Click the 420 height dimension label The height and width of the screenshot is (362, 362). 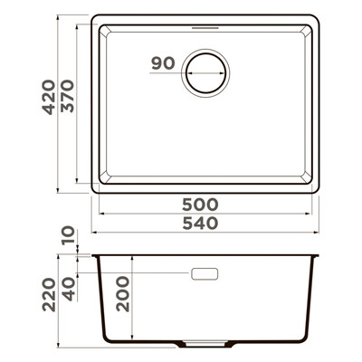click(49, 97)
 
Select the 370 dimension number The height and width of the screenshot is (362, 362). click(67, 96)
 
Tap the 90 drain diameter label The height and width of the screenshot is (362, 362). click(163, 63)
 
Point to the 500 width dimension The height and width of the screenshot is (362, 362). click(200, 205)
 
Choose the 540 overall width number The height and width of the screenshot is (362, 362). click(200, 224)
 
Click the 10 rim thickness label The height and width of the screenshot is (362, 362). click(68, 235)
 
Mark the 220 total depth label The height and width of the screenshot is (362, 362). click(49, 295)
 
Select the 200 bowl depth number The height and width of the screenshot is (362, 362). click(123, 294)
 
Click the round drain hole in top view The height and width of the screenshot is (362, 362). click(205, 73)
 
